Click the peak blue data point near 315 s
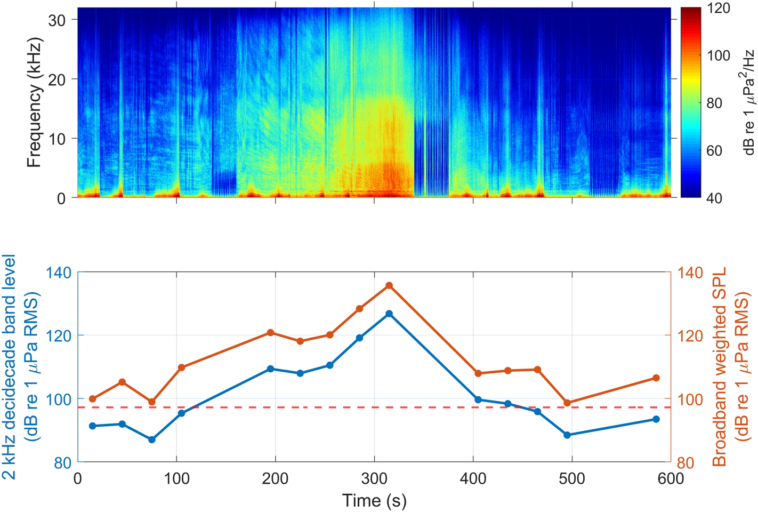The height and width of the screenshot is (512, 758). (389, 314)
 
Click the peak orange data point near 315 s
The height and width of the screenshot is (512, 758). (389, 285)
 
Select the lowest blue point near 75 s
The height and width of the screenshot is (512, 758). (152, 439)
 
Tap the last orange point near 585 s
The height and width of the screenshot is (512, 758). (656, 378)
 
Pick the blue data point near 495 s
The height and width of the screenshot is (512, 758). (567, 435)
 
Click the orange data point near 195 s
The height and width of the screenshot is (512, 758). (270, 333)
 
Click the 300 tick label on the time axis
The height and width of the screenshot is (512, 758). (374, 478)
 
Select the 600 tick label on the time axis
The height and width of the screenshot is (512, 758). (671, 478)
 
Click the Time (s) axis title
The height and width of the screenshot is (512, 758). (374, 501)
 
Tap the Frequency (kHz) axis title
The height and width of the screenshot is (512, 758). (34, 102)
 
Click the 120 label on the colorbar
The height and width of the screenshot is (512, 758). (717, 9)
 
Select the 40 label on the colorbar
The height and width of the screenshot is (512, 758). (714, 198)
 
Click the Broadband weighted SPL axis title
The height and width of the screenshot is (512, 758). (720, 367)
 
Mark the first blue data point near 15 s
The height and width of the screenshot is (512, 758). (93, 426)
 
